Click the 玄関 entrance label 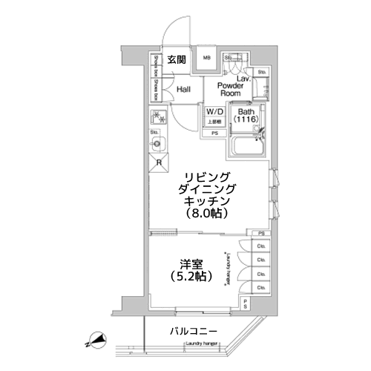point(176,59)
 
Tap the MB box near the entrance point(206,59)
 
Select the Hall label point(184,89)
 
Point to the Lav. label point(241,78)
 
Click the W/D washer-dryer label point(214,112)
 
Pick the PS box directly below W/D point(214,134)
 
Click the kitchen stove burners point(159,117)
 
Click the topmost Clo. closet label point(261,246)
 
